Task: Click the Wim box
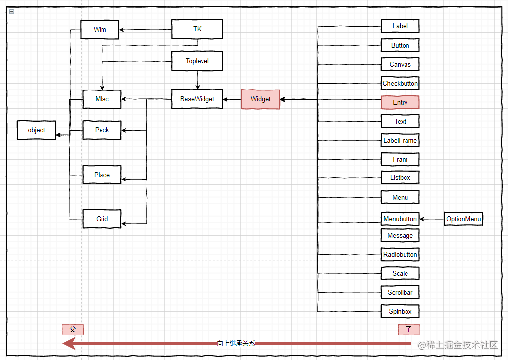click(x=100, y=29)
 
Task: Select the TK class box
click(x=197, y=29)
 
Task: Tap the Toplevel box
click(x=197, y=61)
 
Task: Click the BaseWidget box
click(x=197, y=99)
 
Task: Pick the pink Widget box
click(x=261, y=99)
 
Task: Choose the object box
click(x=36, y=130)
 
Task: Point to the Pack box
click(x=102, y=130)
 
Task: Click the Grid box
click(x=102, y=219)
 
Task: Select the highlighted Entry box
click(x=400, y=102)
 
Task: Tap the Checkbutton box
click(x=400, y=83)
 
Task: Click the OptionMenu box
click(x=464, y=219)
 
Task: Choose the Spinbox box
click(x=400, y=311)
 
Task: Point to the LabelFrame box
click(x=400, y=141)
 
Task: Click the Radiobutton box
click(x=400, y=254)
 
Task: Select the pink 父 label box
click(x=73, y=330)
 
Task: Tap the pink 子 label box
click(x=409, y=330)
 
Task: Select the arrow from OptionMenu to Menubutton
click(x=432, y=219)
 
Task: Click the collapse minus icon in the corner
click(x=12, y=12)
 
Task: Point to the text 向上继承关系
click(x=236, y=343)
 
